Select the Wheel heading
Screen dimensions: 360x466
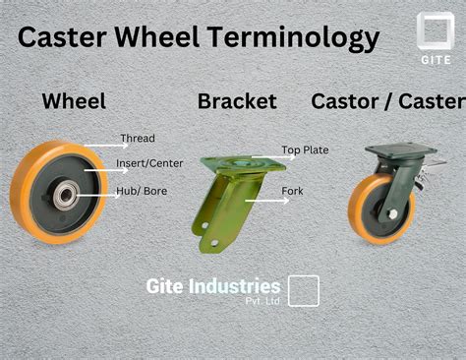tap(73, 100)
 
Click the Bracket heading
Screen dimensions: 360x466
tap(237, 100)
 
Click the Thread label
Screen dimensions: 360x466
tap(138, 139)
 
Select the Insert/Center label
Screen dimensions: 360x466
tap(148, 163)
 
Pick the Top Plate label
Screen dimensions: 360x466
tap(305, 150)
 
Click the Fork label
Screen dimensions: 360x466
tap(292, 190)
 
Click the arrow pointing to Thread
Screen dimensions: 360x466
tap(101, 145)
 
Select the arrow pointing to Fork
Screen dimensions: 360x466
tap(262, 199)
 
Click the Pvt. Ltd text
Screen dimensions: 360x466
tap(262, 301)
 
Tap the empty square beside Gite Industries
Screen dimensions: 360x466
tap(304, 291)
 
